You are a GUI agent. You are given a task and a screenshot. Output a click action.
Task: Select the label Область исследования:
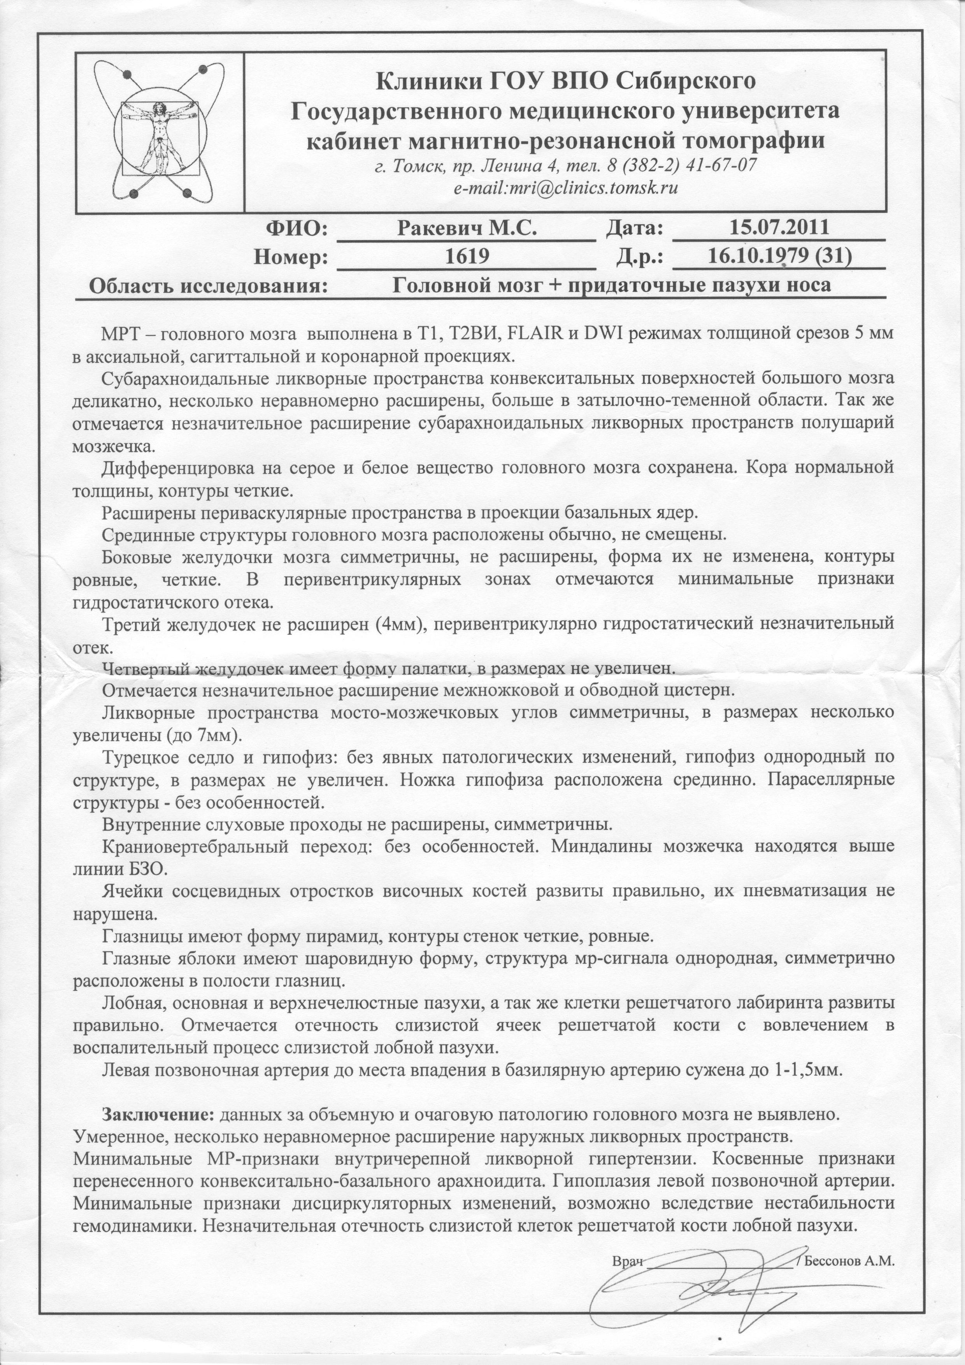point(208,286)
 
